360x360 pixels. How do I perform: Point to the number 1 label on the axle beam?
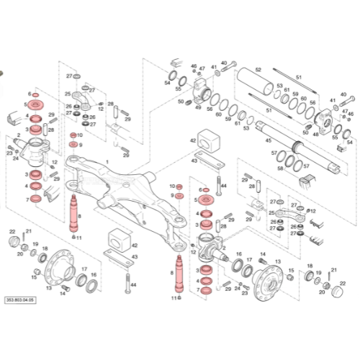coord(107,163)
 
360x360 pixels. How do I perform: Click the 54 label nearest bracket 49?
coord(167,84)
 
